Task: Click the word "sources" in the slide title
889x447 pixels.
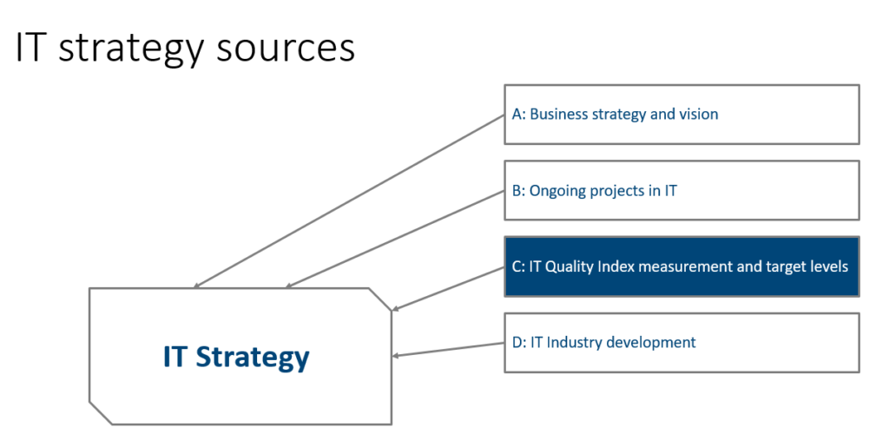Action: point(286,48)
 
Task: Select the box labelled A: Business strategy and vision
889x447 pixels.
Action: point(682,115)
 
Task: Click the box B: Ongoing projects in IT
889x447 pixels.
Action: point(682,190)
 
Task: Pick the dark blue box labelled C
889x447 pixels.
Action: point(682,266)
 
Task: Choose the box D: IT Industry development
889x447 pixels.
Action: point(682,342)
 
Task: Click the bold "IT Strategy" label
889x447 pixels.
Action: point(236,358)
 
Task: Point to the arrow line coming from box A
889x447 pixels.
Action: point(349,201)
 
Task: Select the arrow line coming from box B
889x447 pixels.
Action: point(395,239)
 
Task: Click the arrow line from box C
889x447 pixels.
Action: point(449,288)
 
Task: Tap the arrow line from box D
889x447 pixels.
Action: point(449,349)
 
